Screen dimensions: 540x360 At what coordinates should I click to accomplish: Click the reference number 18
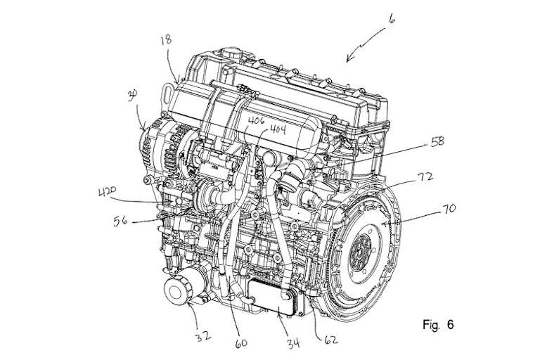(x=166, y=40)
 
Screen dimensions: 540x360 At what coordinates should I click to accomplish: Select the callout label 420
(x=108, y=191)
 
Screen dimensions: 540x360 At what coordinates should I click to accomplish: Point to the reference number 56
(x=120, y=220)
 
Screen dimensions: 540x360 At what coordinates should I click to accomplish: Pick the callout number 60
(x=241, y=343)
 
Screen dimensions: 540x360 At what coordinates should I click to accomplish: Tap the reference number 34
(x=293, y=343)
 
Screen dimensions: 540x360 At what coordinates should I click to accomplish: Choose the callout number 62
(x=330, y=340)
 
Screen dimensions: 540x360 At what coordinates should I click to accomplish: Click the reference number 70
(x=449, y=207)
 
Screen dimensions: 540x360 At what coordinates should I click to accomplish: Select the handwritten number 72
(x=425, y=176)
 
